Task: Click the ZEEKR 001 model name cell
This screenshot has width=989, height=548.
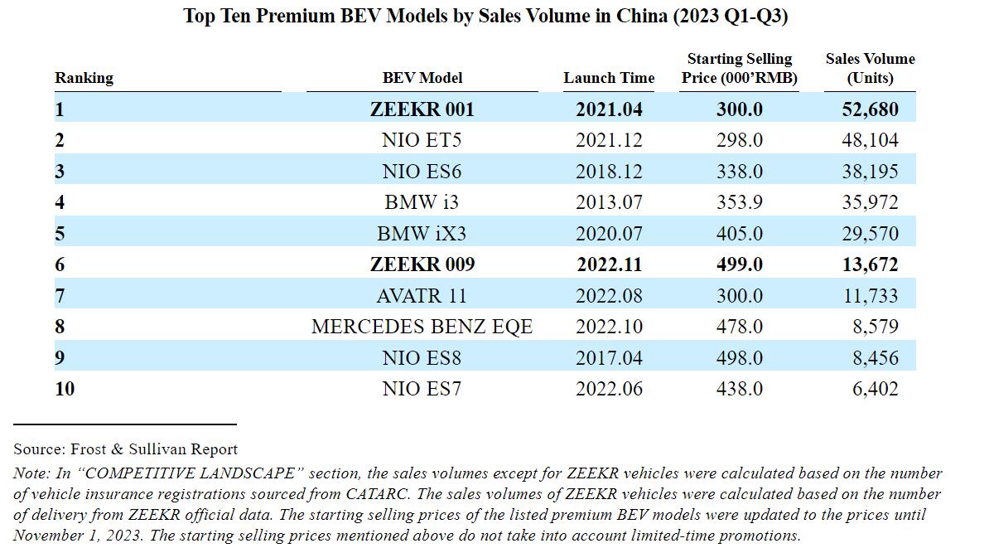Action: click(422, 109)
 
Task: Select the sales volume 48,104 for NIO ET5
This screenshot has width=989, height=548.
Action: click(869, 140)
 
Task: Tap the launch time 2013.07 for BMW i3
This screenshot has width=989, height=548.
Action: click(609, 202)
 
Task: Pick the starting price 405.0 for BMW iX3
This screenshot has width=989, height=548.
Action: click(739, 234)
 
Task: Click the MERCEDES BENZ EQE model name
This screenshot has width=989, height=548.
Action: click(422, 327)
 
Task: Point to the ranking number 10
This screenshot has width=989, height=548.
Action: click(65, 389)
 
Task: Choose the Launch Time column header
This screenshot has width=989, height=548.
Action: click(609, 78)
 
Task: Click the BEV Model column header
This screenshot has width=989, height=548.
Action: click(422, 78)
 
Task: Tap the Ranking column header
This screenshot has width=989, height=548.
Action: click(84, 78)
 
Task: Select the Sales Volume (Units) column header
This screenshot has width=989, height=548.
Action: click(870, 68)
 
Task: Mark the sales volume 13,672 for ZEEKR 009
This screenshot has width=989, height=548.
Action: click(869, 264)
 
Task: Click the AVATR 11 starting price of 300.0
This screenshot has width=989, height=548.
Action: click(739, 296)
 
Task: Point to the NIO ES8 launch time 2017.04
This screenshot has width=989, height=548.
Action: click(609, 358)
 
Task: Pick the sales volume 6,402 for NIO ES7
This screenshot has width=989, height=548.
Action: click(875, 389)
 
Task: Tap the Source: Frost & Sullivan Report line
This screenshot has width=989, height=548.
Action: click(125, 449)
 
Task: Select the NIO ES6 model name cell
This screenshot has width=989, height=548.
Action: click(422, 172)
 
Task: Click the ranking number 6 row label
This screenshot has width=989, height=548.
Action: click(60, 264)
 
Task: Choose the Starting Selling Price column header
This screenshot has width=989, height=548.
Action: click(739, 68)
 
